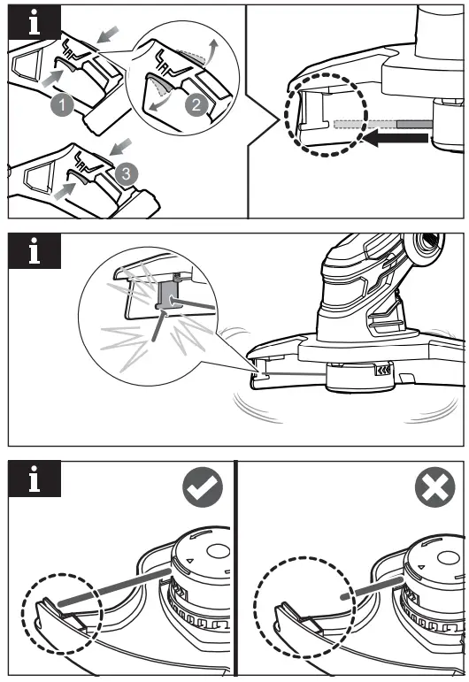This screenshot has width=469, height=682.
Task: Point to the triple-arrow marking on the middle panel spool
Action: coord(381,372)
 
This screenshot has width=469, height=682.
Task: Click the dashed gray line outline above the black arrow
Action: coord(363,125)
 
